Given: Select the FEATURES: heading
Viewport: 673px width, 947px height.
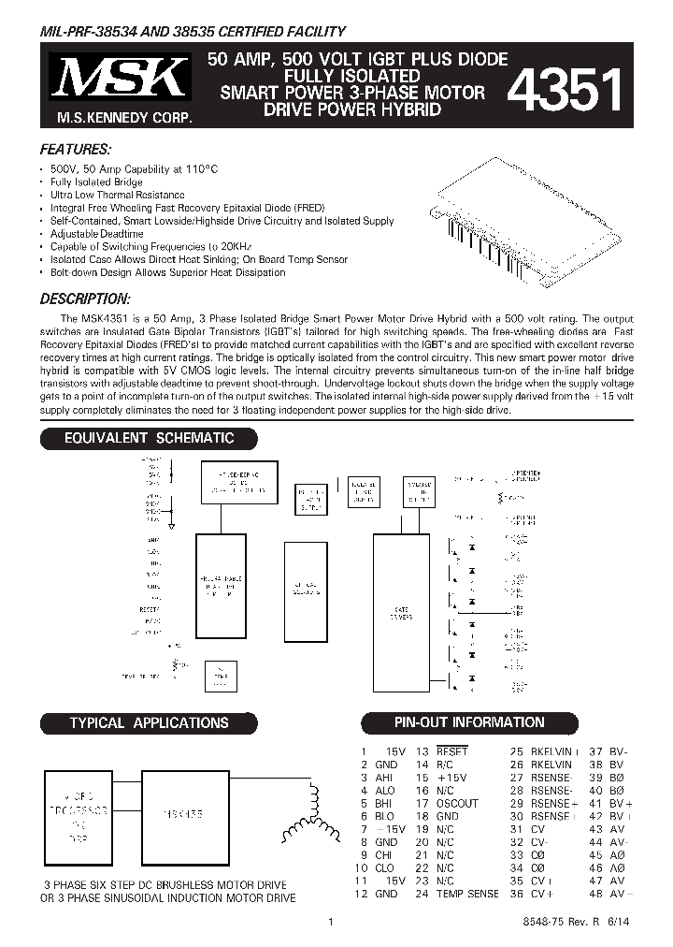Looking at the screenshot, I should pos(76,150).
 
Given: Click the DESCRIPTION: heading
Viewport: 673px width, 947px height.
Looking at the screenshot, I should pos(84,299).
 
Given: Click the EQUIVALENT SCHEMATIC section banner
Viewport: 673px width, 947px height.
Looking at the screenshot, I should pos(149,438).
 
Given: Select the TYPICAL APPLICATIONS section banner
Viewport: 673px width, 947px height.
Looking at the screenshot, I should pos(149,722).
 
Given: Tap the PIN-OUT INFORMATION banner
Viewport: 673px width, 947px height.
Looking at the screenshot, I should pos(467,722).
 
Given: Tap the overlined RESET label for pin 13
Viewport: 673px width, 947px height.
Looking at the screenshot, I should pos(451,751).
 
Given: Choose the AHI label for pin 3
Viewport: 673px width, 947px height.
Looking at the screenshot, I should pos(384,778).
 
